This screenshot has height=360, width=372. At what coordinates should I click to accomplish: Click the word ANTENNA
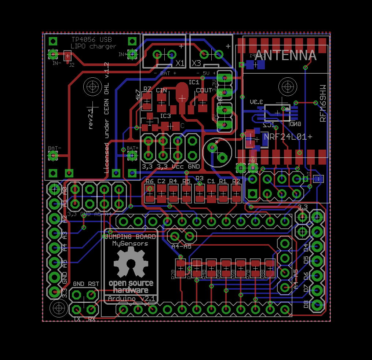point(285,55)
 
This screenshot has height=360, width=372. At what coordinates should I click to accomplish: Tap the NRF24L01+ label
point(288,137)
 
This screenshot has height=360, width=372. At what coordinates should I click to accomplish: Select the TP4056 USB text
point(92,40)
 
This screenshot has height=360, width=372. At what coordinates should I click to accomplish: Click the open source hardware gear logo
point(131,262)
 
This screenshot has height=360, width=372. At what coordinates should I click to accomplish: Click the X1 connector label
point(180,63)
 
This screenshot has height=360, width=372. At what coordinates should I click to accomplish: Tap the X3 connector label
point(196,63)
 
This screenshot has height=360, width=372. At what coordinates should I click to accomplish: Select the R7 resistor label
point(147,89)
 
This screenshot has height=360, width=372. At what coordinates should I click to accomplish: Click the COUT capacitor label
point(204,90)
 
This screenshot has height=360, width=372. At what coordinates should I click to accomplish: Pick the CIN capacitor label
point(161,90)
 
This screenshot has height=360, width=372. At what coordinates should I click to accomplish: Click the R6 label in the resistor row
point(149,181)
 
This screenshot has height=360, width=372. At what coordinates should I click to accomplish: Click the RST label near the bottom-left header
point(93,284)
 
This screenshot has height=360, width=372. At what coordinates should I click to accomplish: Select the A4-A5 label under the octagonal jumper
point(181,247)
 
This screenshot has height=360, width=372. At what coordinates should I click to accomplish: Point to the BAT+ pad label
point(132,148)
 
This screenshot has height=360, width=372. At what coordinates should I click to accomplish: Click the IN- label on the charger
point(56,63)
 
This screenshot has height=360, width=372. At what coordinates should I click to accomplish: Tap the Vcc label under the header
point(178,166)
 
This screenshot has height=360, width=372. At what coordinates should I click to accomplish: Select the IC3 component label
point(165,116)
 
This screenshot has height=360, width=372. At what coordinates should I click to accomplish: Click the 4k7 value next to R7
point(138,95)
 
